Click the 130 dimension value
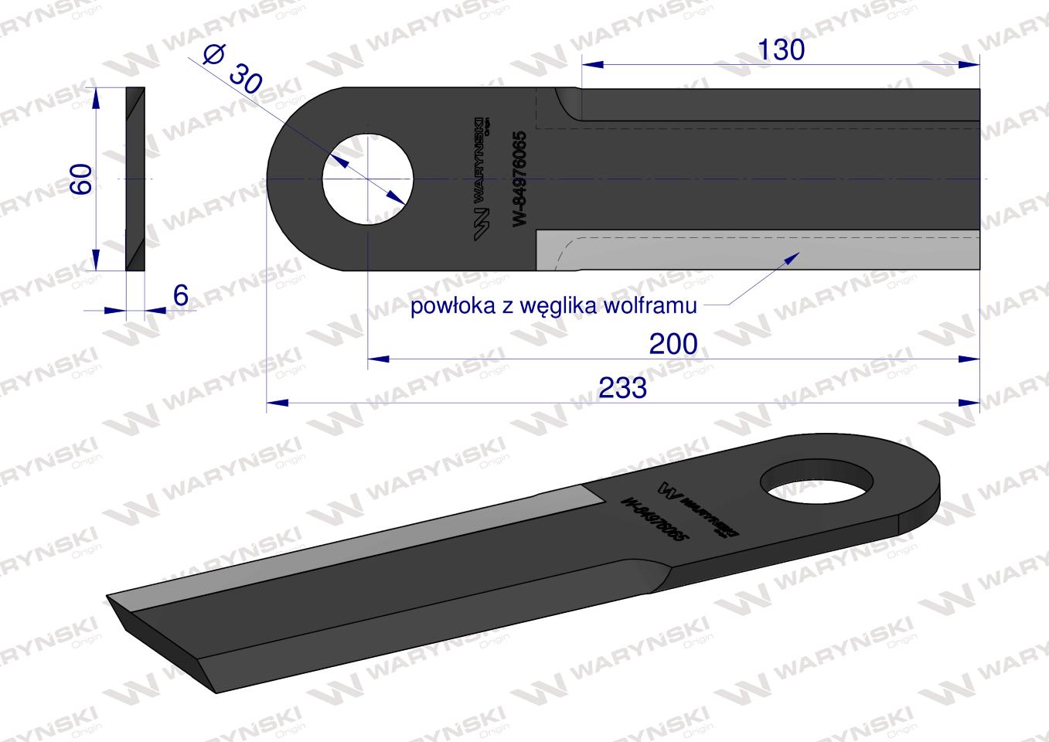780,50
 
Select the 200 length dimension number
673,344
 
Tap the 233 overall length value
622,388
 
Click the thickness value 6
181,295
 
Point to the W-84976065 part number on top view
519,179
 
